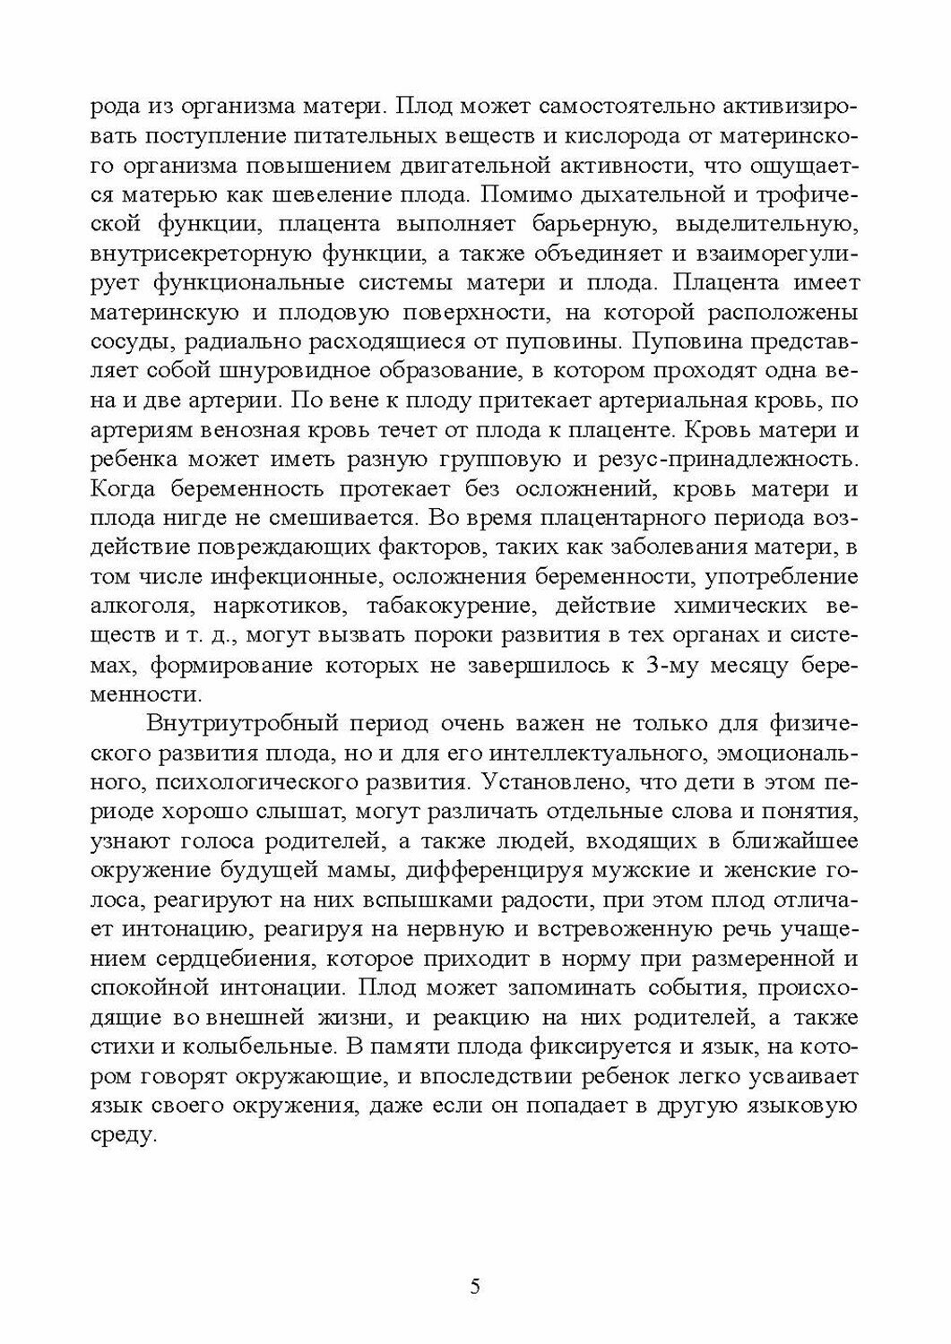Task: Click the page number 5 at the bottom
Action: pyautogui.click(x=475, y=1288)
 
